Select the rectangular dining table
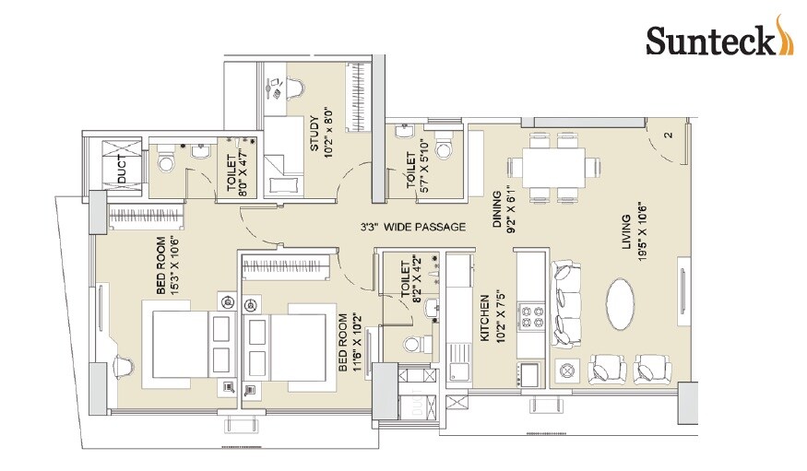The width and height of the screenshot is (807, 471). point(554,168)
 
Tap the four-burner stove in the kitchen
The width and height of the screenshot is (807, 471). point(533,317)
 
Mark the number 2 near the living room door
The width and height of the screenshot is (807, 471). point(666,135)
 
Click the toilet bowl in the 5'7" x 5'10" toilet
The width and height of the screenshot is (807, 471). point(444,149)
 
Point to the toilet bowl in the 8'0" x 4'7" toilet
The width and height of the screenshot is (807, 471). point(167,163)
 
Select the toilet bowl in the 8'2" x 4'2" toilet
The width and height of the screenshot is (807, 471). point(413,344)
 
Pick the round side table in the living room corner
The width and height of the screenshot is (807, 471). point(568,371)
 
